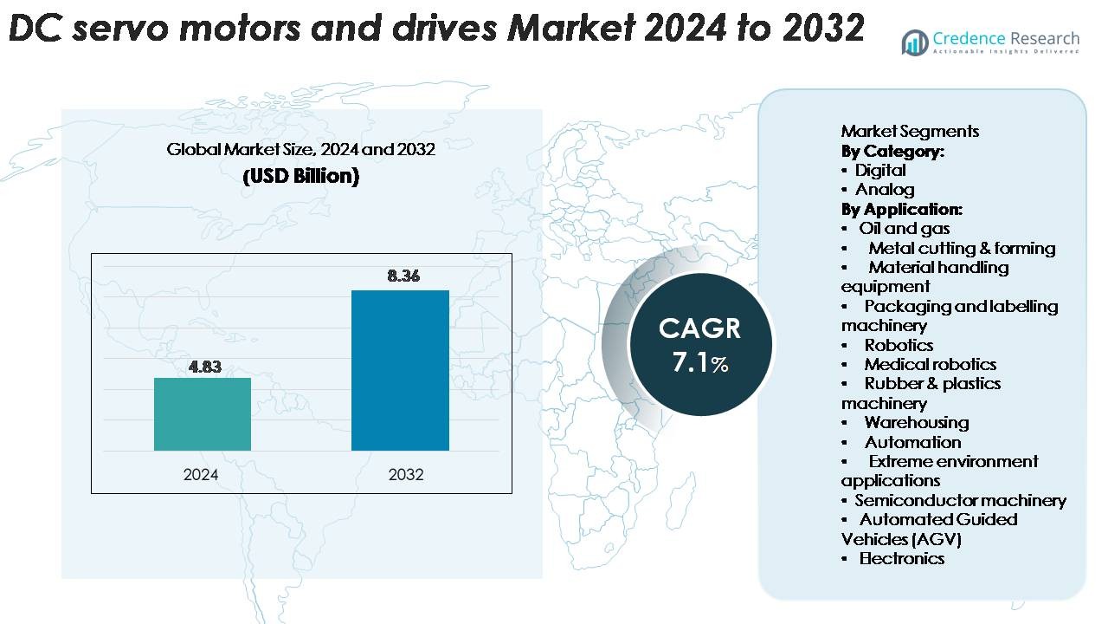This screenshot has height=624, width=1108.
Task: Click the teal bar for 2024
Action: coord(203,414)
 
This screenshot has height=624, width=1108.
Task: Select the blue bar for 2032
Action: coord(400,370)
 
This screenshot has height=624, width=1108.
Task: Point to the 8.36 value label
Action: coord(404,276)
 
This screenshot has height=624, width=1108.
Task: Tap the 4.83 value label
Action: coord(205,367)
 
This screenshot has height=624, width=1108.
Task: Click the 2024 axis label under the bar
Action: coord(201,475)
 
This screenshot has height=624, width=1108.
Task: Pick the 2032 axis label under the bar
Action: coord(406,475)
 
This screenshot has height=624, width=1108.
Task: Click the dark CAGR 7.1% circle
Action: coord(700,343)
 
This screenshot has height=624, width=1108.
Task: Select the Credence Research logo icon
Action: coord(914,42)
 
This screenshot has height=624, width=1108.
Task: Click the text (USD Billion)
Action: coord(301,176)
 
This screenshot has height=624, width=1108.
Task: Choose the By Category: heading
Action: coord(892,151)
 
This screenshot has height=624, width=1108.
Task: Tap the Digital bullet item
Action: coord(880,170)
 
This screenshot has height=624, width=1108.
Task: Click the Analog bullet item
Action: coord(885,189)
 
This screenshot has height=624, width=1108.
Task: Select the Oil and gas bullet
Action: coord(904,229)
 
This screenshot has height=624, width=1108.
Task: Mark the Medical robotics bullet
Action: coord(930,364)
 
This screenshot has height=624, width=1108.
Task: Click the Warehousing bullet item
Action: coord(916,422)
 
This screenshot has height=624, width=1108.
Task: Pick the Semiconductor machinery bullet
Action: coord(960,500)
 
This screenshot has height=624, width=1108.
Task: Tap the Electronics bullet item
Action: coord(901,558)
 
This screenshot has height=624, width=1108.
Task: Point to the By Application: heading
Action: coord(901,209)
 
